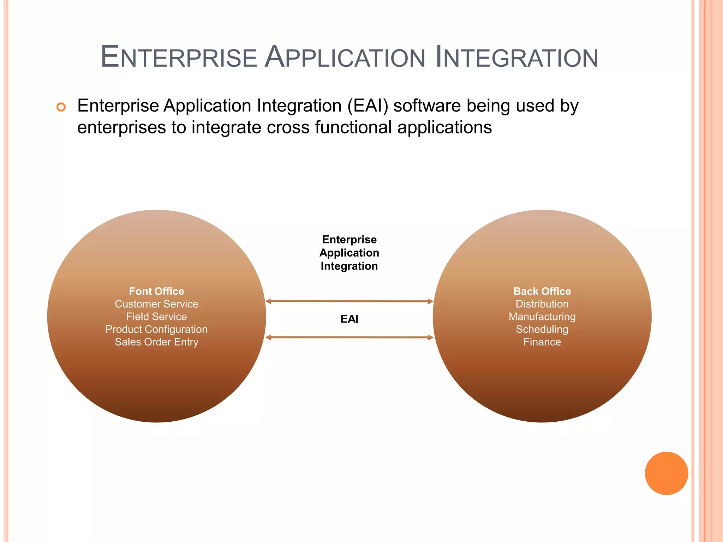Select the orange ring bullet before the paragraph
click(61, 107)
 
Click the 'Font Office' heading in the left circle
click(156, 291)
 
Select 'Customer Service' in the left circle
click(156, 304)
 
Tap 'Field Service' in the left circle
click(156, 317)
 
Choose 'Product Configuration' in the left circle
click(156, 329)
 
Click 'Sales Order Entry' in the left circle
click(156, 342)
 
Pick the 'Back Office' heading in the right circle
click(542, 291)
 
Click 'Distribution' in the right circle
click(542, 304)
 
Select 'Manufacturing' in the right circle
click(542, 317)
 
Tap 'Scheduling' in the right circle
click(542, 329)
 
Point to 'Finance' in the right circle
click(542, 342)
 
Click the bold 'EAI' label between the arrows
click(349, 319)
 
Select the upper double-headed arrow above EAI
click(349, 301)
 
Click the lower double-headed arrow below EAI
click(349, 337)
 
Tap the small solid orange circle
click(666, 473)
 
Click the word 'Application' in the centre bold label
click(349, 253)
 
